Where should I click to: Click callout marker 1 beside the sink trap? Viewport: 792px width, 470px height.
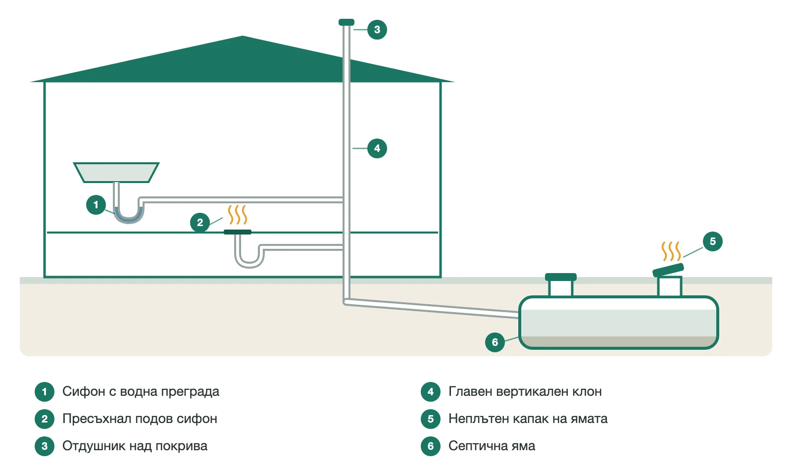(96, 205)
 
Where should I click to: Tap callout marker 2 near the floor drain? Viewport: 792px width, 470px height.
(200, 222)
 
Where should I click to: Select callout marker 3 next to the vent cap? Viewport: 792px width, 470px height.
(377, 30)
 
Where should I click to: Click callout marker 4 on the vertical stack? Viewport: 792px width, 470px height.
(377, 148)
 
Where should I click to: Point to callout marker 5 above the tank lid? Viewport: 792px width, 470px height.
(712, 241)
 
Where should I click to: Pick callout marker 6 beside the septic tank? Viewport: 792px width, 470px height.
(495, 342)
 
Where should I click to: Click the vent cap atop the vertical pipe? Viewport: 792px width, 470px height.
(346, 22)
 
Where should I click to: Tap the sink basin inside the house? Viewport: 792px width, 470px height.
(116, 173)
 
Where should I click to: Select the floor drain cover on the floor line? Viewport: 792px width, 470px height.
(238, 232)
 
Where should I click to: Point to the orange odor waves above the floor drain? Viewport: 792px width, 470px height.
(237, 215)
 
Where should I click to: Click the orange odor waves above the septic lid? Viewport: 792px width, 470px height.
(671, 251)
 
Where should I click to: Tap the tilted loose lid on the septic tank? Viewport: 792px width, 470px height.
(668, 270)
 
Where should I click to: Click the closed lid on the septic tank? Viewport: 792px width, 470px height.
(561, 277)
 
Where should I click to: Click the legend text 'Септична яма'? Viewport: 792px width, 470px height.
(492, 446)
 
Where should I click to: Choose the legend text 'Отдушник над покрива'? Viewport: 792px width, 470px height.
(135, 446)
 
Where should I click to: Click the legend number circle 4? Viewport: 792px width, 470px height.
(430, 391)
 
